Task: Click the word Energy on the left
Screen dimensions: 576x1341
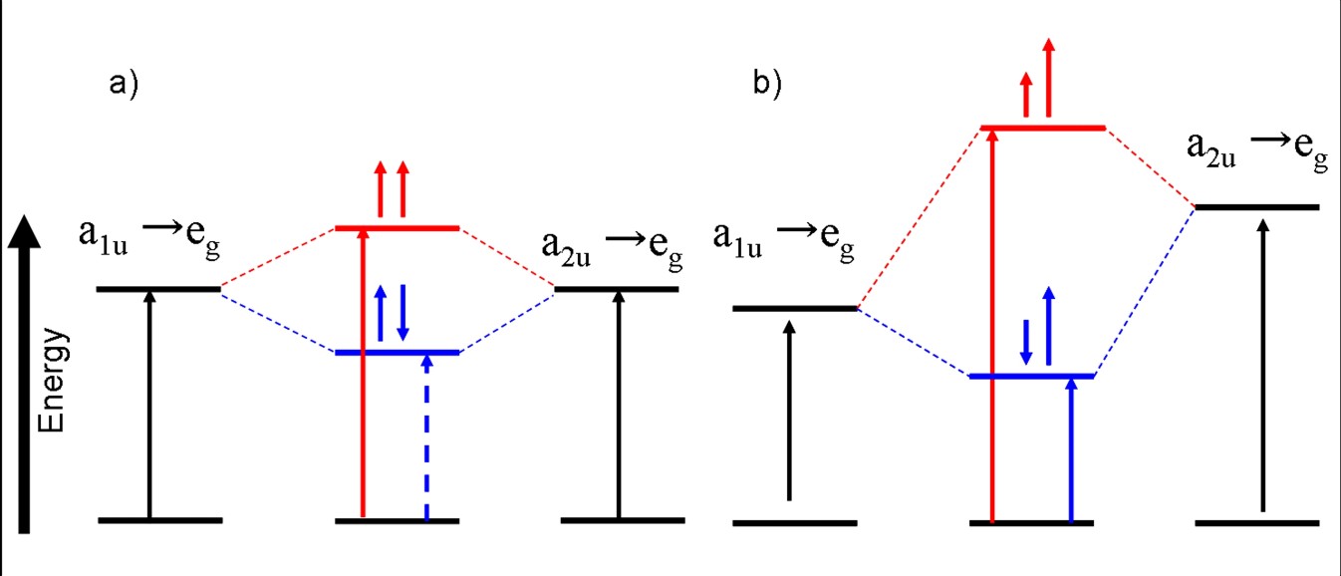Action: (x=55, y=380)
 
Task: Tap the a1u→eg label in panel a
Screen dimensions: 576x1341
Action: (x=148, y=239)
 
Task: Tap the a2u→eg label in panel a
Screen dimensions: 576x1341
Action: (x=613, y=245)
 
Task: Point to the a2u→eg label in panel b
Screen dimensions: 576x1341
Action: (x=1257, y=149)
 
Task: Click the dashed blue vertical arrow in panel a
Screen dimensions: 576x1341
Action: (x=426, y=438)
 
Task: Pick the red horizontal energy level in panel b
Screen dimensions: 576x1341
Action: (x=1043, y=128)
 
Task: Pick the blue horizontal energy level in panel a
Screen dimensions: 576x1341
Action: (x=398, y=353)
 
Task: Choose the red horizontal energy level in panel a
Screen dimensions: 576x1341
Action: (x=398, y=228)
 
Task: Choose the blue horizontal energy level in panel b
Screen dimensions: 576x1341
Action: (x=1031, y=376)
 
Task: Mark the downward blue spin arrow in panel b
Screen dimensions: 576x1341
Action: (x=1026, y=341)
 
